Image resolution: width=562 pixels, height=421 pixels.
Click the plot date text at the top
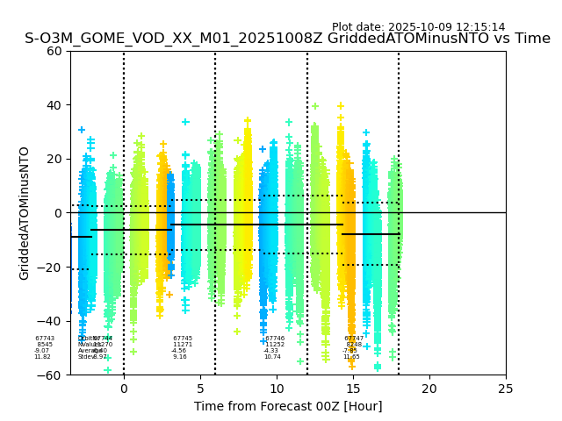coord(418,27)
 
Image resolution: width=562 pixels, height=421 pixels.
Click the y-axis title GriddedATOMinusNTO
coord(25,213)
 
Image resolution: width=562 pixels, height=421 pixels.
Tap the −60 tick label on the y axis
coord(52,375)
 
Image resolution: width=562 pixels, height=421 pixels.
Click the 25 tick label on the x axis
coord(506,389)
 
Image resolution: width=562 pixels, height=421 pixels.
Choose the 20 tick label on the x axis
coord(429,389)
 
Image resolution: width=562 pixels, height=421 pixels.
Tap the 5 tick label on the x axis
coord(200,389)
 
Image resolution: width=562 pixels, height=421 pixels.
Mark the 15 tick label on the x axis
coord(353,389)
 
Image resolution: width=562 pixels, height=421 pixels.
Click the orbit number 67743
coord(45,339)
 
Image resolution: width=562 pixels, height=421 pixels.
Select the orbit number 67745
coord(183,339)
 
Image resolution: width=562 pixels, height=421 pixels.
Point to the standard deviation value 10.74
coord(272,357)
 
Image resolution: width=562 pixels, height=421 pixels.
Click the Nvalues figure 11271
coord(183,345)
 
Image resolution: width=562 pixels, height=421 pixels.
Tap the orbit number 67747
coord(354,339)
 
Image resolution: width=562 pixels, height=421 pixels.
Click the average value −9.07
coord(42,351)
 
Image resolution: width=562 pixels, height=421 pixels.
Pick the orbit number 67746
coord(275,339)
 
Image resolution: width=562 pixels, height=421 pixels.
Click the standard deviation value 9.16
coord(180,357)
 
